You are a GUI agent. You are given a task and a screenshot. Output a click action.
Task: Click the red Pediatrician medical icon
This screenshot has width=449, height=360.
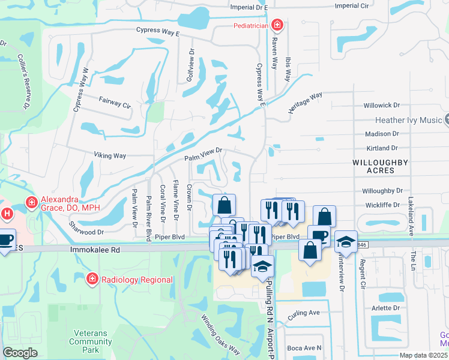(x=277, y=25)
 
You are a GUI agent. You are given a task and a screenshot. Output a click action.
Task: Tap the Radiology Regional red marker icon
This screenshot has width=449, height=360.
(x=92, y=279)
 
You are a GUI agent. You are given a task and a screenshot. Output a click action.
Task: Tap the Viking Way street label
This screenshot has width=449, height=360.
(x=110, y=155)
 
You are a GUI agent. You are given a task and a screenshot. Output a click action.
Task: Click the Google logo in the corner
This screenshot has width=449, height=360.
(x=20, y=352)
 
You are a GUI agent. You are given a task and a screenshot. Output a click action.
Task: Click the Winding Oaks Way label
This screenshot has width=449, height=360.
(x=220, y=334)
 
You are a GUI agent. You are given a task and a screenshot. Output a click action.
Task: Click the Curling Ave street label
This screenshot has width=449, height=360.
(x=304, y=313)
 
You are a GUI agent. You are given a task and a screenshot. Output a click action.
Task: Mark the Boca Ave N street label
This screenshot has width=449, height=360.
(x=304, y=348)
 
